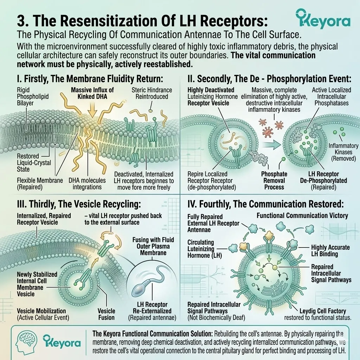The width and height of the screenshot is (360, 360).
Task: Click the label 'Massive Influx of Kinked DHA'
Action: [92, 93]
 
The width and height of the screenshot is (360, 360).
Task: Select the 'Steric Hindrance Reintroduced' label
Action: [152, 93]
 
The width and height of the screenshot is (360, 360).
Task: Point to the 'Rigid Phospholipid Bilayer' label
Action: [33, 96]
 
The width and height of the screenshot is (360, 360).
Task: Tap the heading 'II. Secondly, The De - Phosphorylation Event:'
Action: [269, 79]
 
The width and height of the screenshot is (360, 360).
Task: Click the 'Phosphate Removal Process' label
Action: [274, 180]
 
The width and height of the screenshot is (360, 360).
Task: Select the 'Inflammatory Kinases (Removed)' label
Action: [343, 152]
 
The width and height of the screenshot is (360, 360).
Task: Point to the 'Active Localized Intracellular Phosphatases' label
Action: [332, 96]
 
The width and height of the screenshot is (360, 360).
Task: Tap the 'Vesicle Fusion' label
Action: [106, 314]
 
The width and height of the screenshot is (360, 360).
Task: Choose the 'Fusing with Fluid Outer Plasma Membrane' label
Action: [153, 246]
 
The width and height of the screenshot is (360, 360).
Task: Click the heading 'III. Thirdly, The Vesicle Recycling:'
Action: [79, 204]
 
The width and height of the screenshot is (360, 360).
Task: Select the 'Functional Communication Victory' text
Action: [302, 216]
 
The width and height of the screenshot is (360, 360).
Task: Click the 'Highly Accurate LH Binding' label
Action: [330, 250]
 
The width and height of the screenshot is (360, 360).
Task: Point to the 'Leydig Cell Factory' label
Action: [323, 311]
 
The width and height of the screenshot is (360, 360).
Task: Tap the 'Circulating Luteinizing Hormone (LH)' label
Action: [205, 249]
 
